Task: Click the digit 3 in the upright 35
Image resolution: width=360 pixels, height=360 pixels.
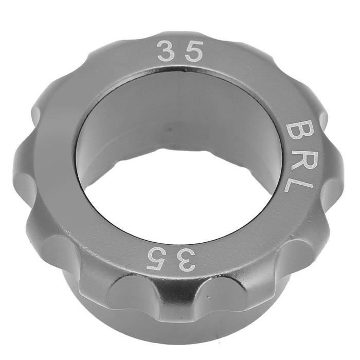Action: [x=165, y=51]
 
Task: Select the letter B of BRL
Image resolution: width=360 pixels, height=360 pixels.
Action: [x=297, y=132]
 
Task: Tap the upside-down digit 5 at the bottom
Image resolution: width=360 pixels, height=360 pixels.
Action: [x=157, y=259]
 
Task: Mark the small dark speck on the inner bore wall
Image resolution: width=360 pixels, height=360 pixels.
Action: [x=169, y=129]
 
